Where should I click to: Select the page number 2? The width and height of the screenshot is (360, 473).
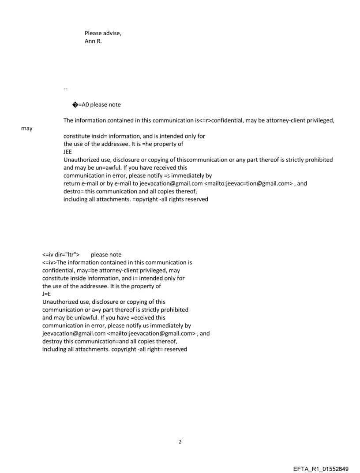[x=180, y=442]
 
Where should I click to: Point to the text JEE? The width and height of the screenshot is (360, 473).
[x=67, y=152]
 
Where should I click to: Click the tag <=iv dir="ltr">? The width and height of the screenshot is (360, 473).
[x=61, y=254]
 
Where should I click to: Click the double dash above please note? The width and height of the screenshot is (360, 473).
[x=65, y=89]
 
